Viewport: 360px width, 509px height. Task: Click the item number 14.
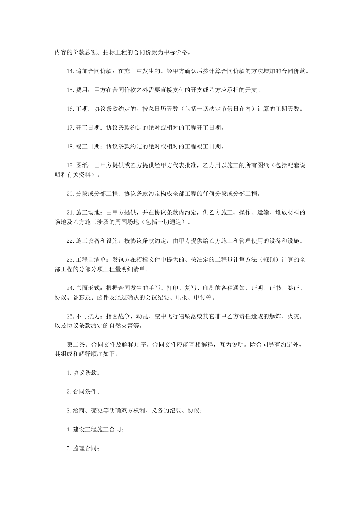70,71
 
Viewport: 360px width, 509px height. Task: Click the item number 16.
70,109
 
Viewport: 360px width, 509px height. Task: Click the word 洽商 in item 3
78,411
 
